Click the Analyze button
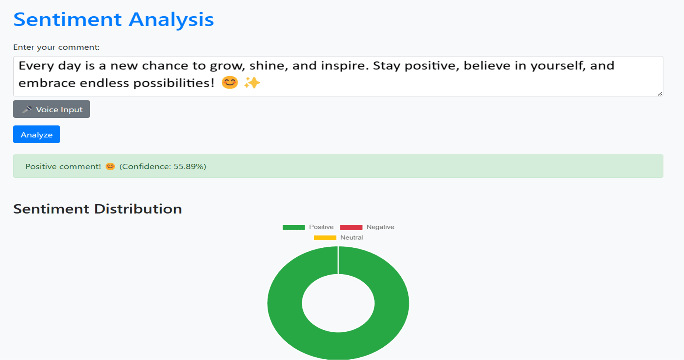point(36,134)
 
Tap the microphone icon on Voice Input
point(27,109)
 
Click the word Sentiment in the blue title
point(67,19)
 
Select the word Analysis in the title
point(171,19)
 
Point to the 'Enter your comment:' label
point(56,47)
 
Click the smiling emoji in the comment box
point(229,82)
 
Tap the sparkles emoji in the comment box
point(252,82)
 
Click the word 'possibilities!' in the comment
point(173,83)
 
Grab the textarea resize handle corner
point(660,94)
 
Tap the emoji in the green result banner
point(110,166)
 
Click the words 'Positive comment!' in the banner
point(63,166)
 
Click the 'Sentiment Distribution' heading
point(98,209)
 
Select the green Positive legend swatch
point(294,227)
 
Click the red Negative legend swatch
point(351,227)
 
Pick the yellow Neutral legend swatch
point(325,238)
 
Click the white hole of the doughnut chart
point(338,303)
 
